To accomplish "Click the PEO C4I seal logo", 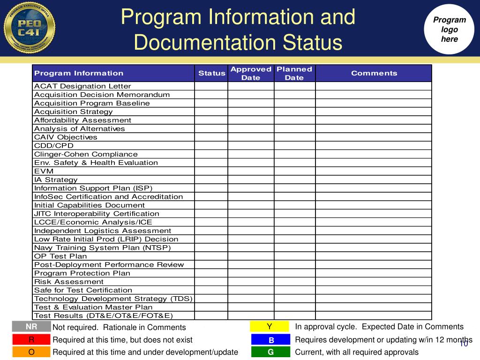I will [x=29, y=27].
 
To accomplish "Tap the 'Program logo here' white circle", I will [x=449, y=30].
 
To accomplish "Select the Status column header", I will [x=211, y=73].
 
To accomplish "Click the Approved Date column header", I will [x=251, y=73].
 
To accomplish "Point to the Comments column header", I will [x=374, y=73].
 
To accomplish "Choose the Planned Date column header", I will [x=294, y=73].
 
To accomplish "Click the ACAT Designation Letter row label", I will [x=82, y=86].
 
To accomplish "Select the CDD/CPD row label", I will [x=54, y=146].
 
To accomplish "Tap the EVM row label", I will [x=44, y=171].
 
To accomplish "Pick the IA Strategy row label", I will [x=56, y=180].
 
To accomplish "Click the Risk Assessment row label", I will [x=69, y=282].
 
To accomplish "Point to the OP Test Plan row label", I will [x=60, y=256].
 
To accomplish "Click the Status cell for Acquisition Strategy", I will [x=211, y=112].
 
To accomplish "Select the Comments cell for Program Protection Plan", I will [x=373, y=273].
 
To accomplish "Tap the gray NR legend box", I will [x=31, y=327].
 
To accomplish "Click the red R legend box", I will [x=31, y=339].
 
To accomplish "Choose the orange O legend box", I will [x=31, y=352].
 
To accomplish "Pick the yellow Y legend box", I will [x=270, y=327].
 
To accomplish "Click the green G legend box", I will [x=270, y=352].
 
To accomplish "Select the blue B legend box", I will [x=270, y=339].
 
